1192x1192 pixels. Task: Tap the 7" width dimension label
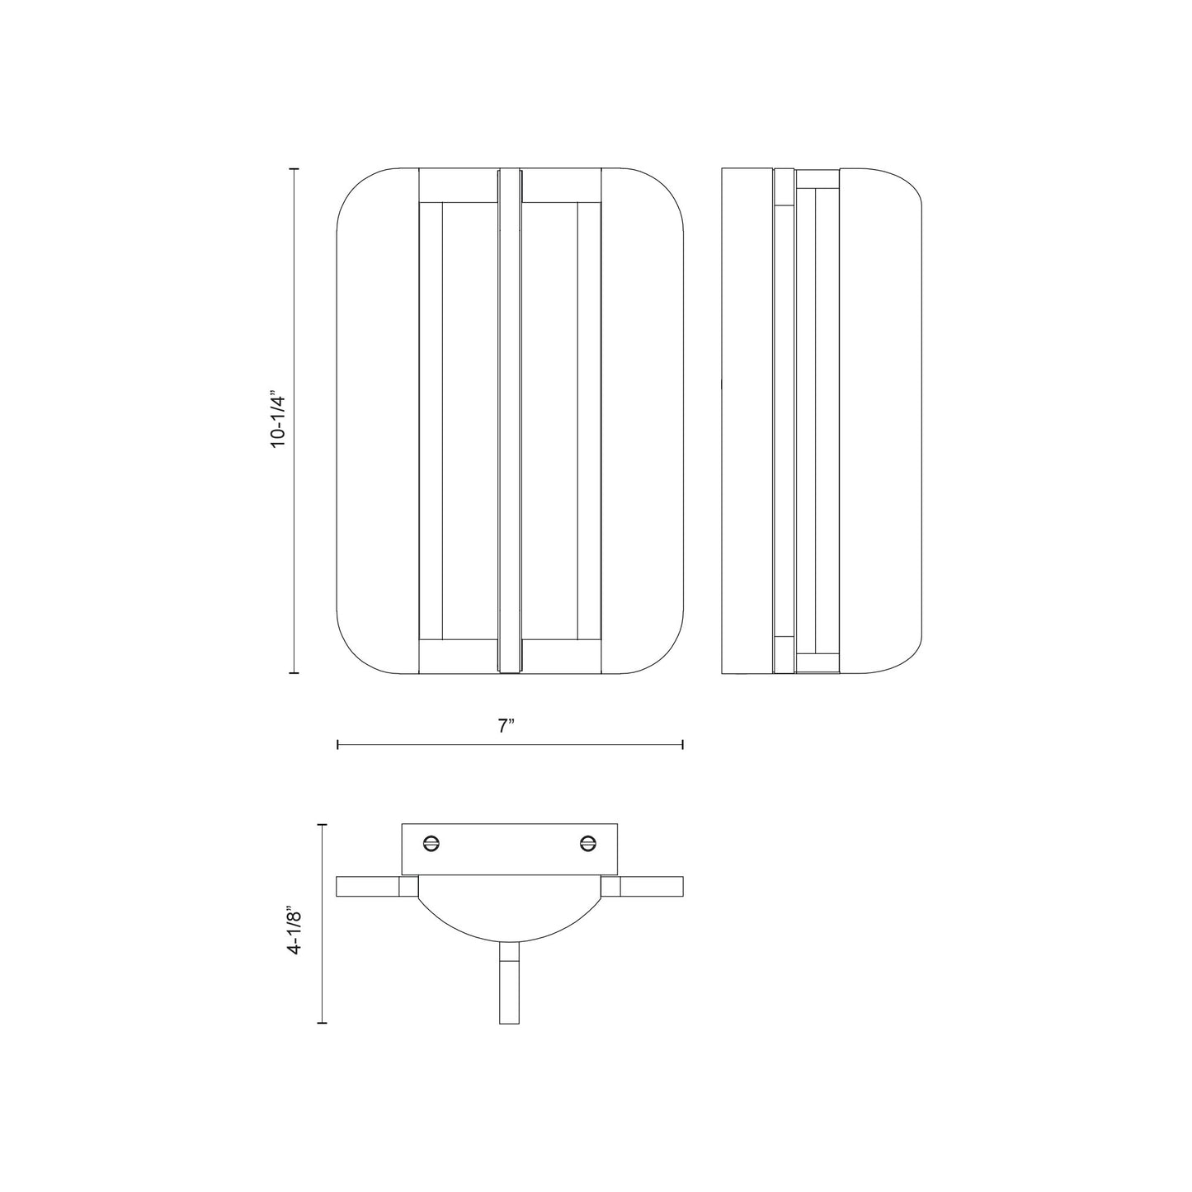click(x=506, y=726)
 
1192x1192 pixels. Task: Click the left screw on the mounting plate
click(x=431, y=842)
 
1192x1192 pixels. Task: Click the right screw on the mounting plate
click(x=587, y=842)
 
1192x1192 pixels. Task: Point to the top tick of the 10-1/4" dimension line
click(x=294, y=168)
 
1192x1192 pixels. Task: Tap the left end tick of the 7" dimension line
click(x=337, y=745)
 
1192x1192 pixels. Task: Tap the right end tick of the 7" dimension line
click(x=683, y=745)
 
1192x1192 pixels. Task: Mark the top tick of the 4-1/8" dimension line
click(x=322, y=825)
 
